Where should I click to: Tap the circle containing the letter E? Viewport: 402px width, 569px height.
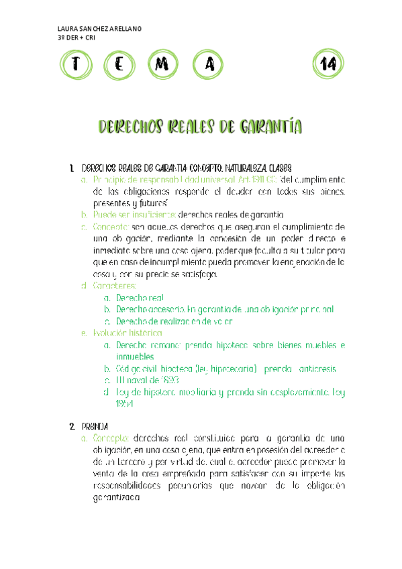click(119, 64)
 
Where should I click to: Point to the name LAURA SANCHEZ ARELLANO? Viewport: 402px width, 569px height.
click(100, 28)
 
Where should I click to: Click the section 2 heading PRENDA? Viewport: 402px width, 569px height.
click(94, 425)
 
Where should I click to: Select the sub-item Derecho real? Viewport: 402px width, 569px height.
click(140, 297)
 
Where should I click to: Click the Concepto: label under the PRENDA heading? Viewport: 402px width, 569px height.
click(112, 437)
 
